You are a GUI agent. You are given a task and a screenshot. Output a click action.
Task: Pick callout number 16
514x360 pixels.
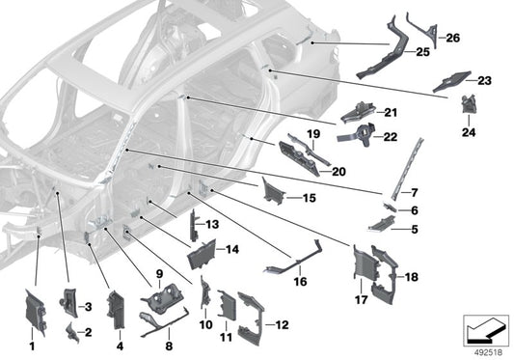tap(300, 283)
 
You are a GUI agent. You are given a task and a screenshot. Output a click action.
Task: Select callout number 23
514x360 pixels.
tap(484, 81)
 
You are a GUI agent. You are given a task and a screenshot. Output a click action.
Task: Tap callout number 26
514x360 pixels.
tap(452, 38)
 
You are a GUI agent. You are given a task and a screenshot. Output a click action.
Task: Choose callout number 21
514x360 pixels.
tap(391, 113)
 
